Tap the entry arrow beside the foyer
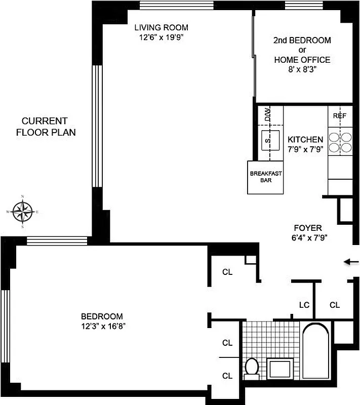click(x=351, y=262)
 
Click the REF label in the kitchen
click(x=339, y=116)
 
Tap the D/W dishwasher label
click(x=267, y=116)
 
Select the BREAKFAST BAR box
click(x=265, y=177)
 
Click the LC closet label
click(x=304, y=305)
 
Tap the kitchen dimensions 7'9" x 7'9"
click(x=305, y=149)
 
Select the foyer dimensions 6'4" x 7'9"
click(x=307, y=238)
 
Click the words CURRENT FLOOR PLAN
click(x=45, y=127)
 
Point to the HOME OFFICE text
click(x=302, y=60)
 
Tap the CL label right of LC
click(x=335, y=305)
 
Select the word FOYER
click(x=307, y=228)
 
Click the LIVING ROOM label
click(x=161, y=27)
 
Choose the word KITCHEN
click(x=305, y=140)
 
